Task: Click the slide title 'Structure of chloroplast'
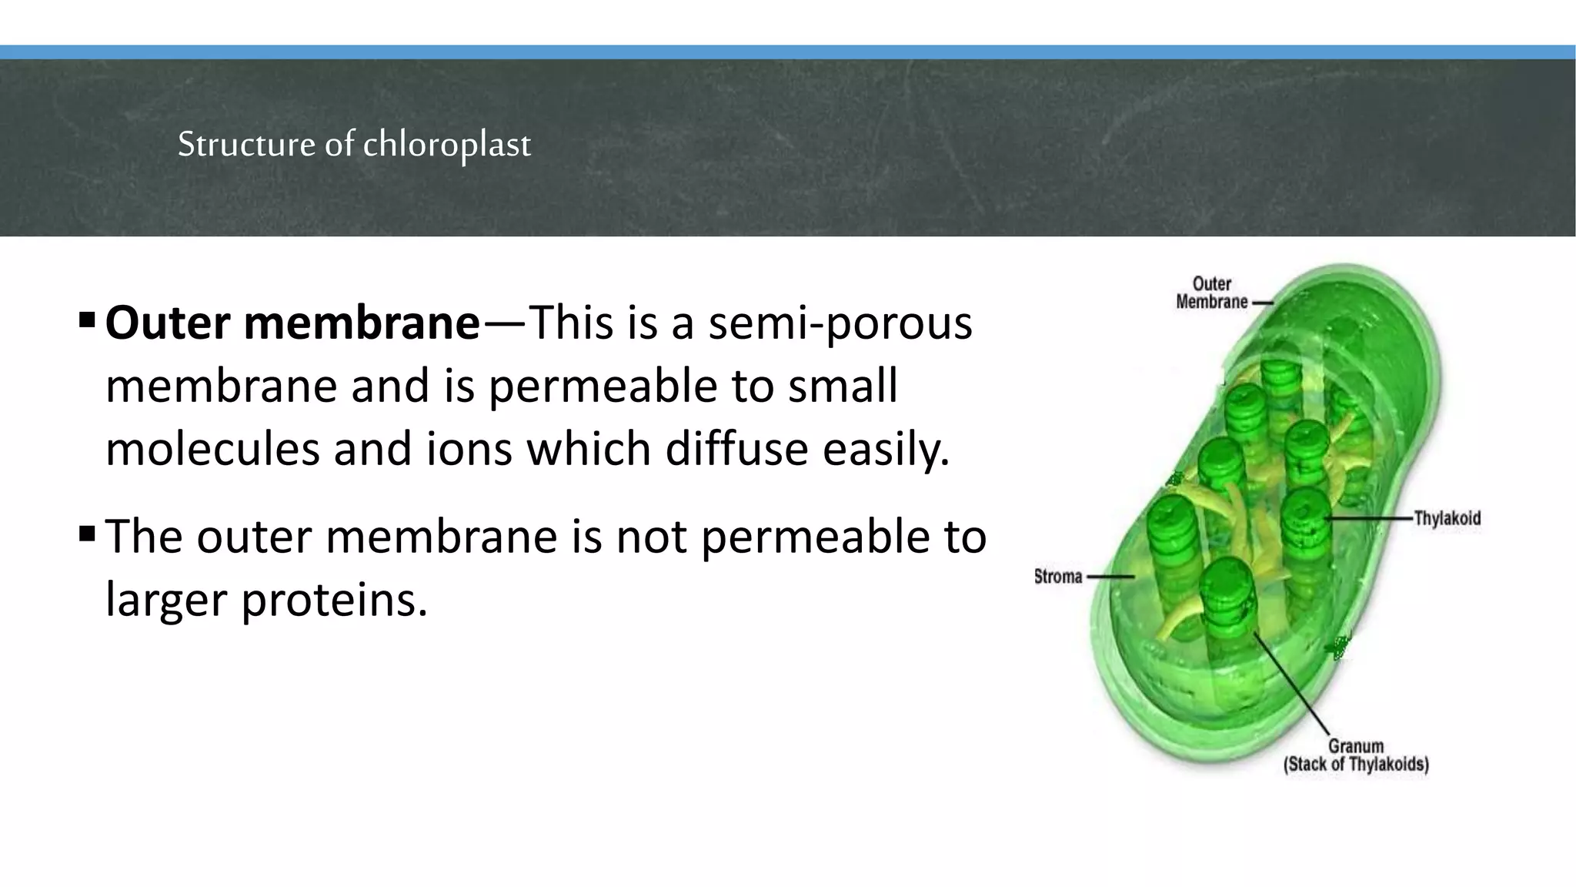[354, 144]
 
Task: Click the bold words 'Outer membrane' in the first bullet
[292, 323]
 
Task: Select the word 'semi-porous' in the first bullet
[840, 323]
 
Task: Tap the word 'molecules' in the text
[212, 449]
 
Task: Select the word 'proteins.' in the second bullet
[334, 599]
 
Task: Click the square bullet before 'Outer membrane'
[86, 317]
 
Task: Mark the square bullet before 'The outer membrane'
[86, 531]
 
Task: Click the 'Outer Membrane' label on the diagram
[1211, 293]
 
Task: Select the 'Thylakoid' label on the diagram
[1447, 518]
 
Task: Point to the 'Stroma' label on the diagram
[1057, 577]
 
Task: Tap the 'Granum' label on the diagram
[1356, 746]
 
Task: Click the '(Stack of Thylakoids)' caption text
[1356, 765]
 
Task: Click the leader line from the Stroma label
[1110, 577]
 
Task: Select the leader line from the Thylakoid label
[1370, 518]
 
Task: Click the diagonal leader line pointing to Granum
[1293, 685]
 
